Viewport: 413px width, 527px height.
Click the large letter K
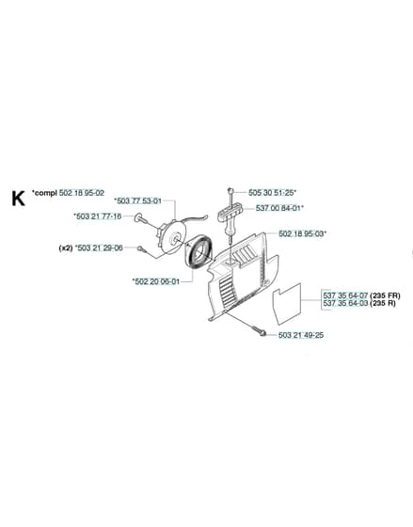pos(18,199)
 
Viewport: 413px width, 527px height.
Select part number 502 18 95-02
pos(82,193)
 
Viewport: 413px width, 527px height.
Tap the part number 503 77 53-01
pos(139,201)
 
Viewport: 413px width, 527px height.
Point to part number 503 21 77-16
pos(99,216)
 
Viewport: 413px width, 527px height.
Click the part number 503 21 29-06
pos(100,248)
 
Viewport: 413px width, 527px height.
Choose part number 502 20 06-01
pos(158,281)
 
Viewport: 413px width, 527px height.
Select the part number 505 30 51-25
pos(271,193)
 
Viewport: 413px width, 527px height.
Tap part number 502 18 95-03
pos(301,234)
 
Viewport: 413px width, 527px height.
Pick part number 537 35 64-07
pos(345,295)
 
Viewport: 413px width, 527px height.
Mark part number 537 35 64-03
pos(345,303)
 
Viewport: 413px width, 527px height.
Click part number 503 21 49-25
pos(301,335)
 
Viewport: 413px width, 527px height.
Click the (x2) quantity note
pos(66,248)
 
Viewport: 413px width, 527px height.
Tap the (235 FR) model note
pos(385,295)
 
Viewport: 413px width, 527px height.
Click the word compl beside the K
pos(46,193)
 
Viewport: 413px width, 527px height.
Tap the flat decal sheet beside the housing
pos(287,304)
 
